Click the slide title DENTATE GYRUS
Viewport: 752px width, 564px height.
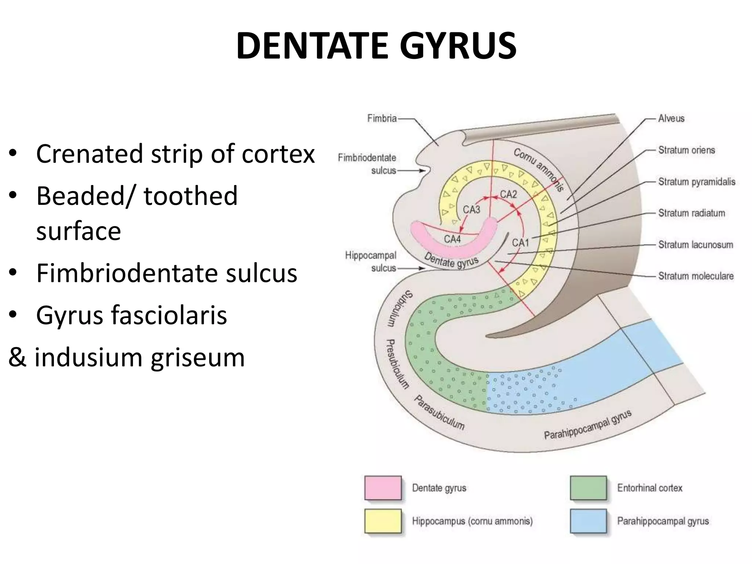tap(376, 46)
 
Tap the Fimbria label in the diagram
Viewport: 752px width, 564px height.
tap(382, 118)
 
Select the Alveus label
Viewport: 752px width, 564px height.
tap(671, 118)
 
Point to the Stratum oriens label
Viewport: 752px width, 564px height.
tap(686, 150)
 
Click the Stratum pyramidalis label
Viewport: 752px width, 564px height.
tap(697, 182)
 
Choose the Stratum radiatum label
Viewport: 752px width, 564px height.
tap(691, 213)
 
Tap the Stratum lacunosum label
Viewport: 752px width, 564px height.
tap(695, 245)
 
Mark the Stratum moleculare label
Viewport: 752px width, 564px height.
tap(696, 276)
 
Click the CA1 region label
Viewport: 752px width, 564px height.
tap(521, 243)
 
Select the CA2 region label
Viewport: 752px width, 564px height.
tap(509, 194)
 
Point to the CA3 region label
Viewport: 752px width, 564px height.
tap(471, 210)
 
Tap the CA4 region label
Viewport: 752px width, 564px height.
tap(452, 239)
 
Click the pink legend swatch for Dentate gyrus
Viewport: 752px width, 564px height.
tap(383, 488)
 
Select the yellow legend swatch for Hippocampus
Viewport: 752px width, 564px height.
tap(383, 521)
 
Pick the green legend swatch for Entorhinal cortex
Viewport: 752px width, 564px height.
tap(588, 488)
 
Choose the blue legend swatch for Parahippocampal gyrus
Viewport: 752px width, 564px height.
tap(588, 521)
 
